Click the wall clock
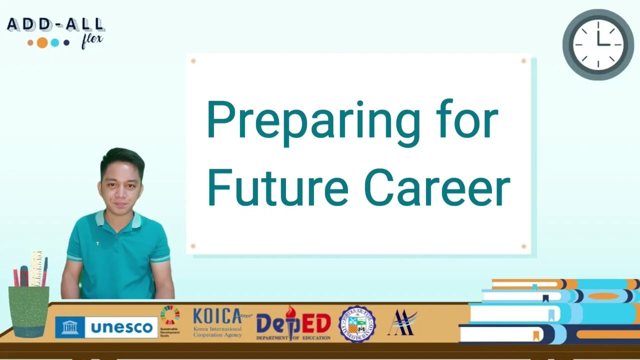click(x=598, y=44)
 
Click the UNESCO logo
click(x=106, y=327)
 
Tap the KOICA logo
click(x=217, y=322)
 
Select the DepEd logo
click(x=293, y=324)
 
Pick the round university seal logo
click(x=357, y=324)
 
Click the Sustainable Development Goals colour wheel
click(x=170, y=315)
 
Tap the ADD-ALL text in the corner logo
click(x=56, y=24)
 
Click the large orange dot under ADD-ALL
click(x=42, y=42)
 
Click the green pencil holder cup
click(x=29, y=310)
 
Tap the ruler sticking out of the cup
click(x=36, y=267)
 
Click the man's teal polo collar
click(x=117, y=220)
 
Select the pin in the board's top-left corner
click(x=193, y=61)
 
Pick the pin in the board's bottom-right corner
click(x=523, y=246)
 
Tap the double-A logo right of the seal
click(x=401, y=322)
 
